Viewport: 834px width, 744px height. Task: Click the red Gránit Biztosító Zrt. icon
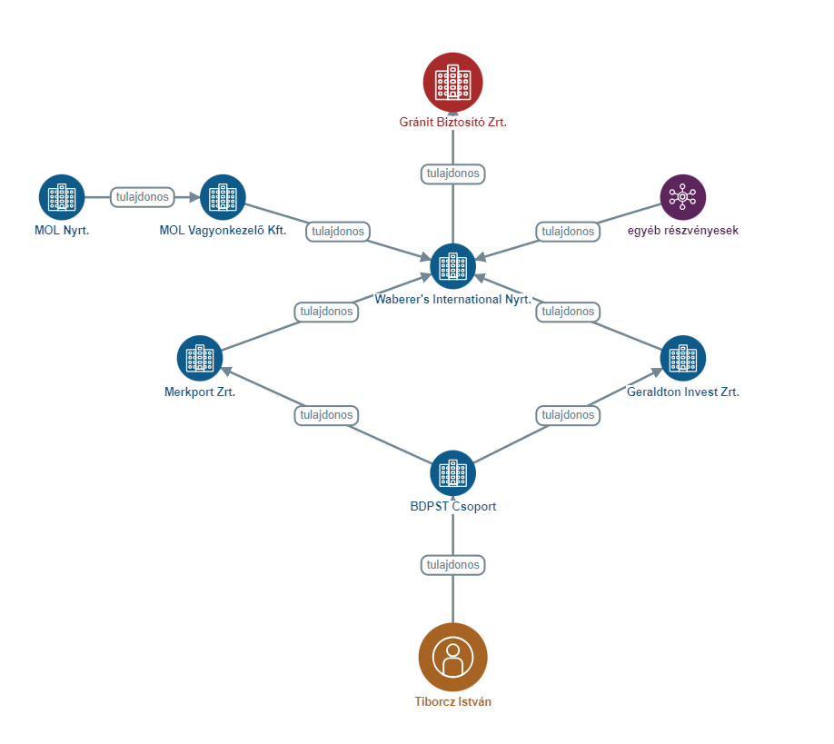[452, 82]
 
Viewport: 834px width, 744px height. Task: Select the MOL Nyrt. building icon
[62, 197]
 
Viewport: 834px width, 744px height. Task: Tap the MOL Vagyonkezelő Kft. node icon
[223, 197]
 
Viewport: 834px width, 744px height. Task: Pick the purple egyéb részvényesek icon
[683, 197]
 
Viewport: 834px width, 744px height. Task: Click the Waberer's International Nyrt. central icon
[452, 266]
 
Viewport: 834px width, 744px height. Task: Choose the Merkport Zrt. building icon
[200, 358]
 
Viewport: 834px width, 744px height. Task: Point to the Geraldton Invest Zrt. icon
[683, 358]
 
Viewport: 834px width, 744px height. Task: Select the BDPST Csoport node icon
[452, 473]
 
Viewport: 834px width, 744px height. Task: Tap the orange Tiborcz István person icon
[452, 657]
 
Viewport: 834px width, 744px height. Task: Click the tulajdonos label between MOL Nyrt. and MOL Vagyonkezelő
[143, 197]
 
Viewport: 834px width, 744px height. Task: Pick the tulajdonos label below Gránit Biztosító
[452, 174]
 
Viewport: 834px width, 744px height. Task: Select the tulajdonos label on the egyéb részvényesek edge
[568, 232]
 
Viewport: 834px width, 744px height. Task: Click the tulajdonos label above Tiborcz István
[452, 565]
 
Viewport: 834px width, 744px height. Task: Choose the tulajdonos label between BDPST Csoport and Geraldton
[568, 415]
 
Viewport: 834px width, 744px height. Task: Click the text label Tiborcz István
[452, 701]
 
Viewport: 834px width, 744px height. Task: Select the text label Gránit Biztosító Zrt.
[452, 122]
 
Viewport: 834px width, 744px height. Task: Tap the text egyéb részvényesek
[683, 231]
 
